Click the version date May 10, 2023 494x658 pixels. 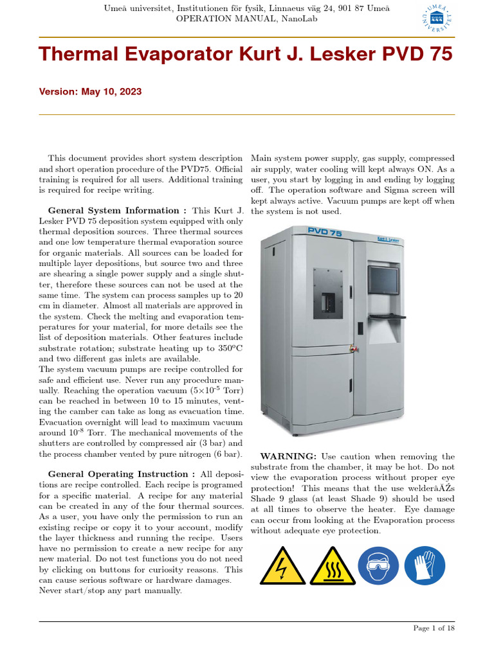pyautogui.click(x=111, y=92)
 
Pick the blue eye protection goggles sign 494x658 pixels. pyautogui.click(x=378, y=565)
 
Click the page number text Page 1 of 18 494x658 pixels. pyautogui.click(x=434, y=628)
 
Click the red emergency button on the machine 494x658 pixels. pyautogui.click(x=352, y=350)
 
